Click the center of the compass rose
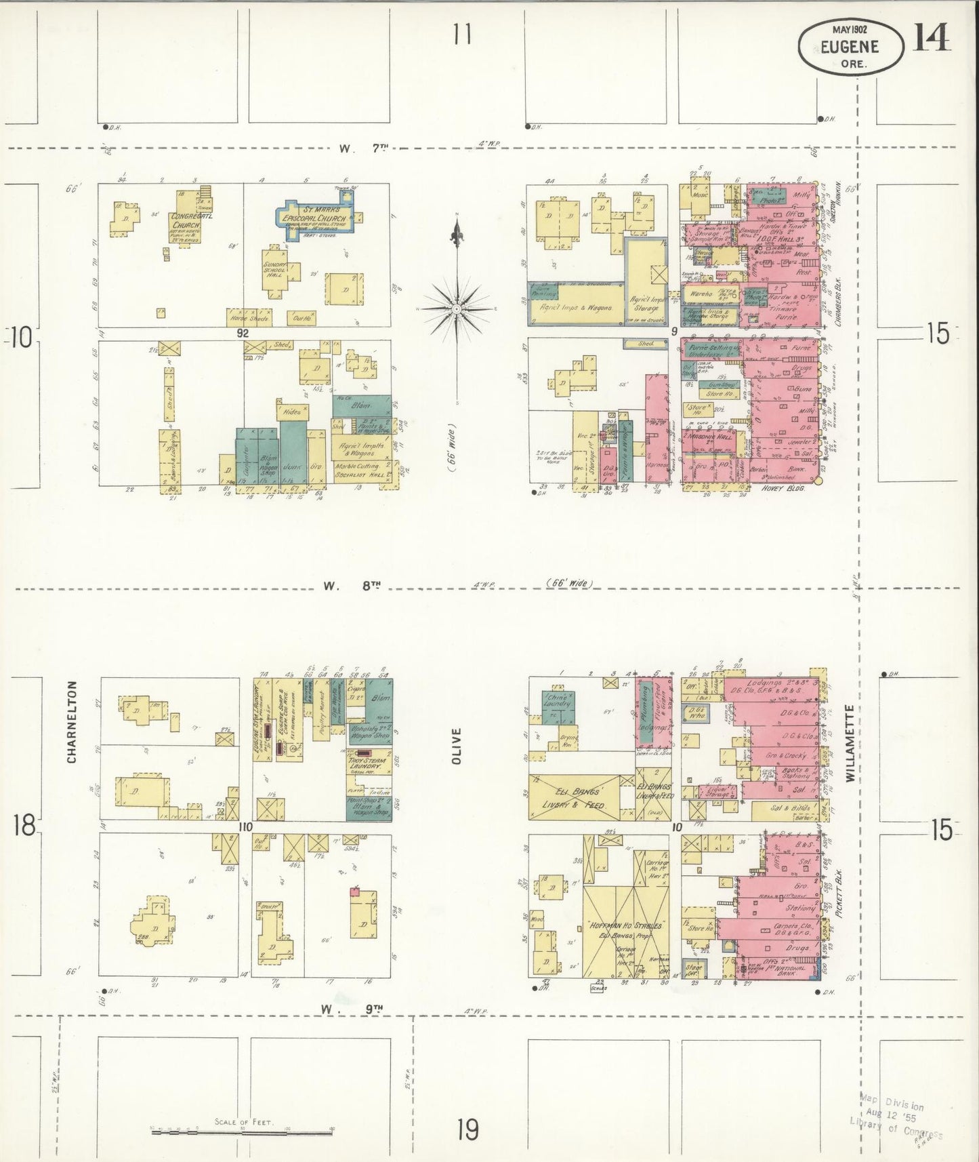[457, 308]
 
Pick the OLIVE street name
[457, 746]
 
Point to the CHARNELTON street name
[72, 722]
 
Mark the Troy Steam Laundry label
[367, 764]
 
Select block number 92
[243, 333]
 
